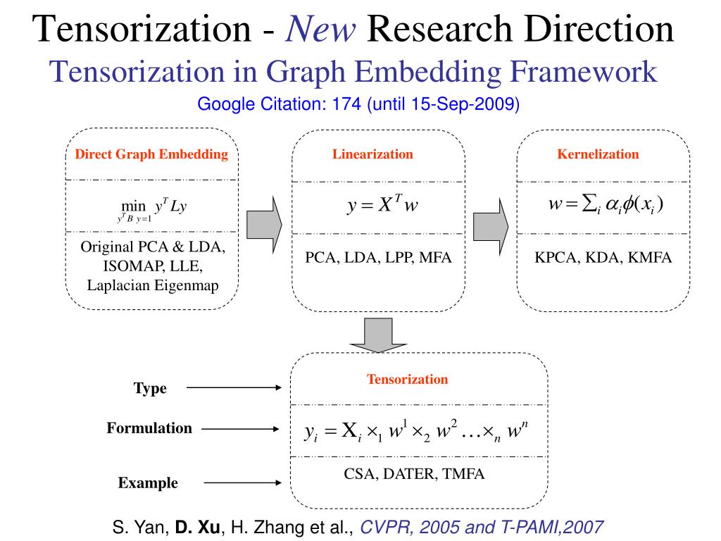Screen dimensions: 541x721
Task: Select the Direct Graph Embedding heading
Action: coord(151,154)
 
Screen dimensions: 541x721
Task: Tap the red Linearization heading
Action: coord(373,154)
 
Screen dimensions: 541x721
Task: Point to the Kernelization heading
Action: coord(598,154)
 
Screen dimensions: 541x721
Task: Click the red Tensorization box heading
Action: coord(407,379)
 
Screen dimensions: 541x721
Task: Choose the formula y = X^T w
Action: coord(383,205)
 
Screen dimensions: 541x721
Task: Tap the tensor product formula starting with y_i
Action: coord(416,431)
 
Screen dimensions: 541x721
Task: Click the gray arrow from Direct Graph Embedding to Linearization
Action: coord(264,222)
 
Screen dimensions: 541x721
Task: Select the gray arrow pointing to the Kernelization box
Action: coord(490,222)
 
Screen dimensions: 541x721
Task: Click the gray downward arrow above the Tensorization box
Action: coord(380,335)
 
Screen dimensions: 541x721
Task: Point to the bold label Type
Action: coord(150,388)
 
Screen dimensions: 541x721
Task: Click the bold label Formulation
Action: coord(149,428)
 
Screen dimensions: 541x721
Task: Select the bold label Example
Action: coord(148,483)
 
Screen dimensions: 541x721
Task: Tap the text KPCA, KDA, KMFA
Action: coord(603,257)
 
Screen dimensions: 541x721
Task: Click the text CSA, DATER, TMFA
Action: coord(414,473)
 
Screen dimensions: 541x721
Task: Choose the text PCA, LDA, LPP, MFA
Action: coord(378,257)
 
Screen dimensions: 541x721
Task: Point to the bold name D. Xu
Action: coord(199,527)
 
